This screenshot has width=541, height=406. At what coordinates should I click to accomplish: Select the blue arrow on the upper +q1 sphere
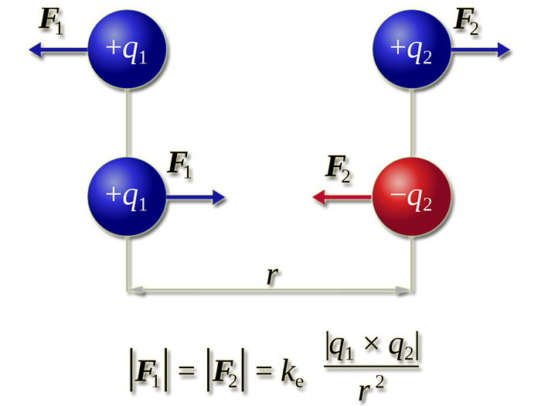[x=59, y=51]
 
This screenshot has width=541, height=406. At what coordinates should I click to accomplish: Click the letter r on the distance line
[x=271, y=277]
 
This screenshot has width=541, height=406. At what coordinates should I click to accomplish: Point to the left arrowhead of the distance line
[x=135, y=292]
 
